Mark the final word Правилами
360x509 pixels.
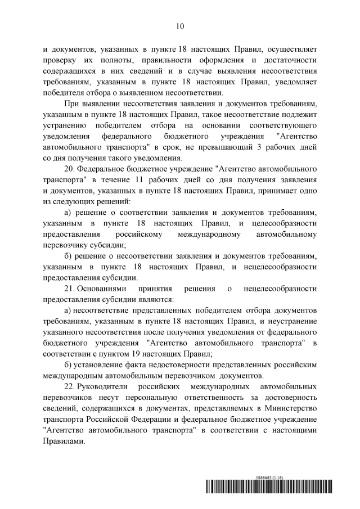[x=63, y=442]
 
